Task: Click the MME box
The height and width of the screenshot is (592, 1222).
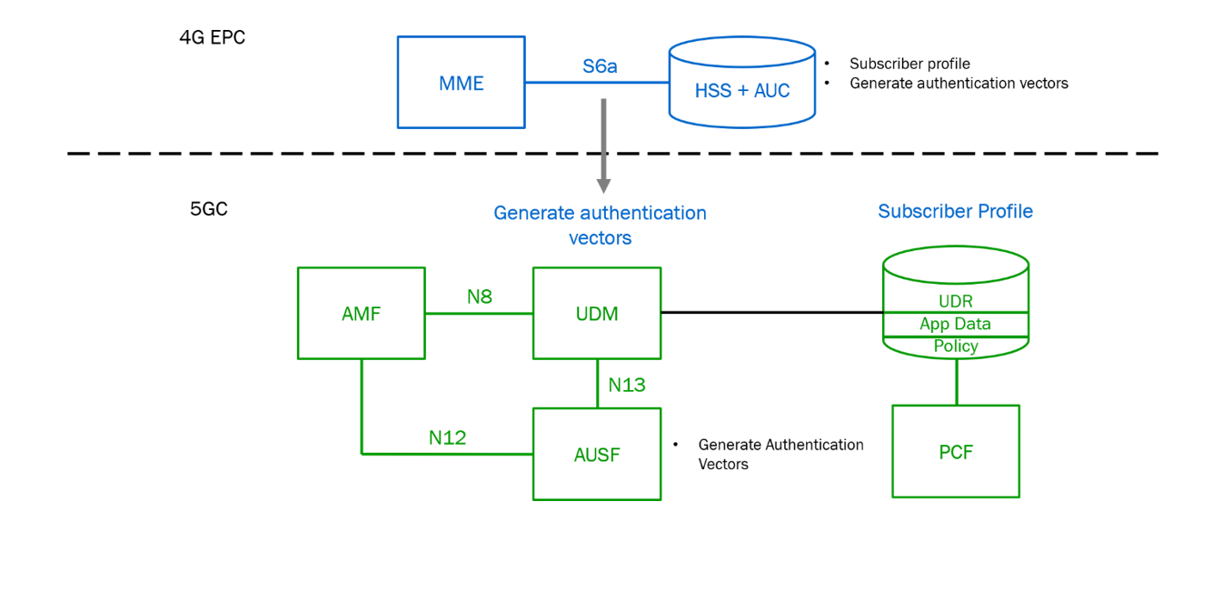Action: click(x=461, y=83)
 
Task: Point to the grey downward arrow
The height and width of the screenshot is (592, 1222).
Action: click(x=602, y=145)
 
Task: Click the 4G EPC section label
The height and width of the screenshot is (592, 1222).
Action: click(x=212, y=37)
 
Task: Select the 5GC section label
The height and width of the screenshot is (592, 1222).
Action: click(x=208, y=208)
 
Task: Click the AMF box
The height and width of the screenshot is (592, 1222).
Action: click(x=362, y=314)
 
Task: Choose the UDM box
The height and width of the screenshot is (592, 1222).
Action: click(x=597, y=314)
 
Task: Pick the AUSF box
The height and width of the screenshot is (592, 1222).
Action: click(x=597, y=454)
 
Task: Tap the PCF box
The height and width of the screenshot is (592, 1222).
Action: click(x=956, y=451)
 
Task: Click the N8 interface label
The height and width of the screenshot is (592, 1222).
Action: click(x=480, y=296)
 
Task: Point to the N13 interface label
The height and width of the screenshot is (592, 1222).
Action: click(x=627, y=385)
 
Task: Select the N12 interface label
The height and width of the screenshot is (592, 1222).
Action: click(x=447, y=437)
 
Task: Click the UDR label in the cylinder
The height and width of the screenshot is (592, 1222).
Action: click(x=956, y=301)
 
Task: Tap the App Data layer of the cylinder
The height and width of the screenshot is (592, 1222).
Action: click(x=956, y=324)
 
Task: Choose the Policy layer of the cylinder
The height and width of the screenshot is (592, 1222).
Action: click(x=956, y=346)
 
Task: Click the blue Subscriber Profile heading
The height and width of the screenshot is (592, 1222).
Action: click(x=955, y=211)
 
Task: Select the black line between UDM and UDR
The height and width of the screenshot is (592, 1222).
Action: click(x=772, y=312)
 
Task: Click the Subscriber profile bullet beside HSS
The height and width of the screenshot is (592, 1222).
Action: click(x=909, y=64)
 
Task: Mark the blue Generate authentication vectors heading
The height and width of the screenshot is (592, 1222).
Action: click(x=600, y=225)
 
